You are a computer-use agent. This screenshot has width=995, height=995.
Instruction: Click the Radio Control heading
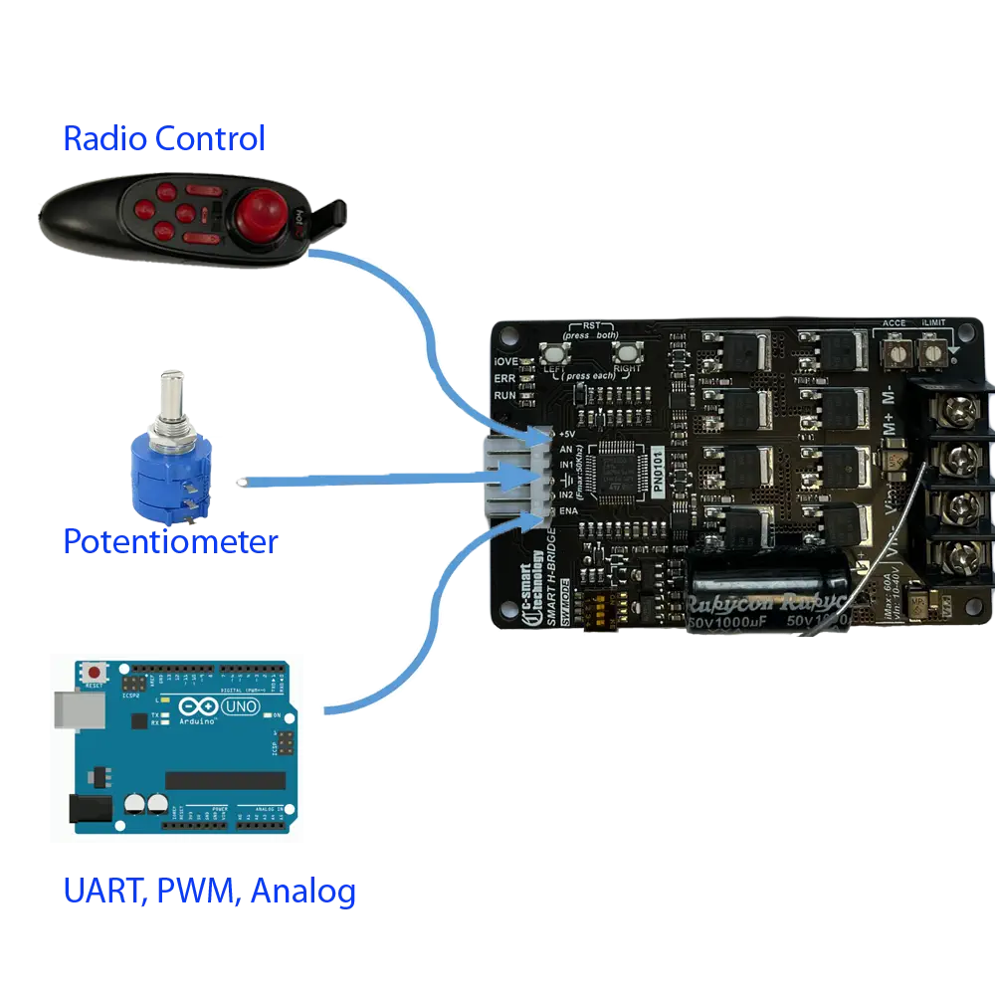point(164,138)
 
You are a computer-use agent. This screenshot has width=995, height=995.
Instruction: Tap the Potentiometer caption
point(169,542)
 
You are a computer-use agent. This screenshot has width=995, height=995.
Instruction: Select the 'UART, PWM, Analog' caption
point(209,892)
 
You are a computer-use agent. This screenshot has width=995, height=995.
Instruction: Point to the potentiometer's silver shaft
point(172,396)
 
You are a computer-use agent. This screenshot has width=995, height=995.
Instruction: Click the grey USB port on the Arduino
point(72,709)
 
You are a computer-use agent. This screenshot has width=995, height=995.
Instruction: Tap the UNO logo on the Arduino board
point(242,707)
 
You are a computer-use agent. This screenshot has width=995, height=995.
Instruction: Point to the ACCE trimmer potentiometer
point(895,352)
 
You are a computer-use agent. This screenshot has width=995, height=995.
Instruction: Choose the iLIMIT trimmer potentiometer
point(932,352)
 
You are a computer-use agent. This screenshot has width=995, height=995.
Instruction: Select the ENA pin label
point(568,510)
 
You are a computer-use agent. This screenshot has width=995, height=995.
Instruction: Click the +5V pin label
point(567,435)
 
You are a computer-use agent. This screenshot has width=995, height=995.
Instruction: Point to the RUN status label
point(504,395)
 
